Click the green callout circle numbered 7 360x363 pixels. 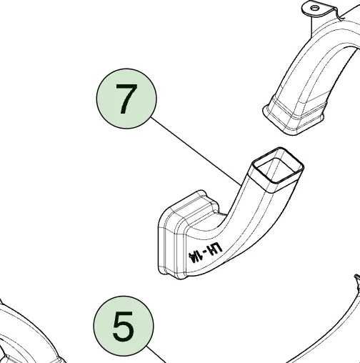(x=126, y=99)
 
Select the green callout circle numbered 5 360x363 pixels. (x=124, y=327)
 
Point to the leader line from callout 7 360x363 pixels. (x=196, y=151)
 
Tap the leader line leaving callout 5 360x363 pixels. (x=156, y=354)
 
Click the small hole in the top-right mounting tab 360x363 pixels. (x=314, y=9)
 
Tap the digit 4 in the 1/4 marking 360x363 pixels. (x=191, y=258)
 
